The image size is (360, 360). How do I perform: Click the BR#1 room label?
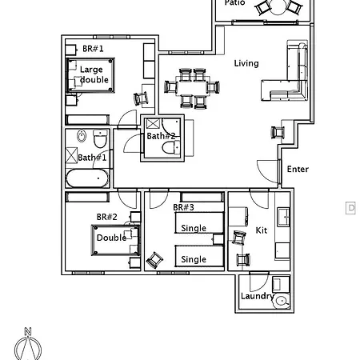(93, 49)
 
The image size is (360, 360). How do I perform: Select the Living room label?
(246, 63)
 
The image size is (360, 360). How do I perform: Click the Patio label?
(234, 3)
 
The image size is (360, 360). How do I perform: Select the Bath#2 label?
(160, 136)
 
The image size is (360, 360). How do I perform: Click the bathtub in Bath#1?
(86, 179)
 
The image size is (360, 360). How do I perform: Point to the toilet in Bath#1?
(99, 138)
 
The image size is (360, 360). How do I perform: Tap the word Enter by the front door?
(298, 169)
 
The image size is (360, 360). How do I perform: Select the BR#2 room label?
(107, 217)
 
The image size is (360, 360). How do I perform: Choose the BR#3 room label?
(183, 208)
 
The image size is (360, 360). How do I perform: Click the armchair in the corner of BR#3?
(154, 259)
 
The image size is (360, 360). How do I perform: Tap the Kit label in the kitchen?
(261, 230)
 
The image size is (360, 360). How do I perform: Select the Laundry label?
(258, 297)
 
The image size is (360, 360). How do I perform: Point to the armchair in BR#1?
(142, 98)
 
